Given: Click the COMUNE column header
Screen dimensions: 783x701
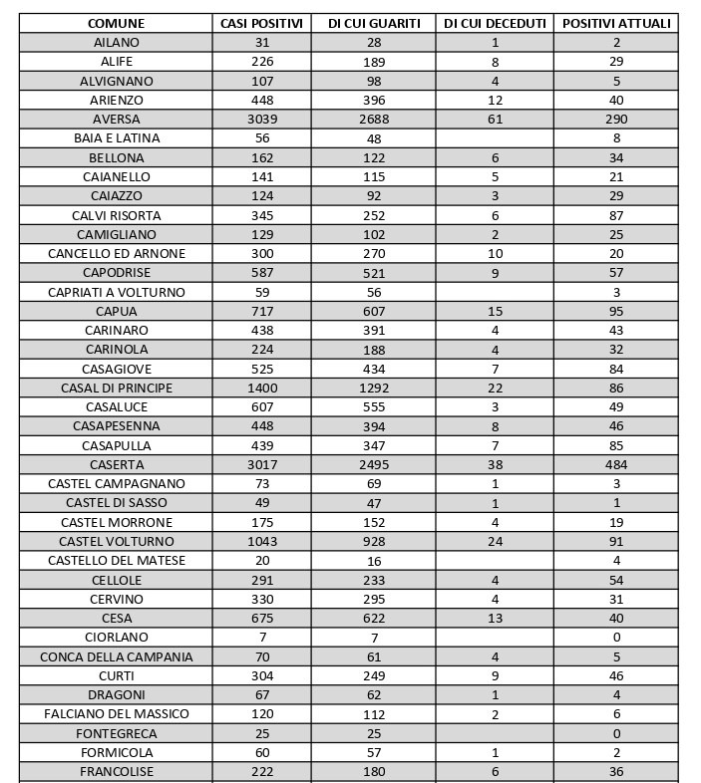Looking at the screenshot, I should point(116,23).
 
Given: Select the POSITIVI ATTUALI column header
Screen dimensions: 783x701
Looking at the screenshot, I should point(615,23).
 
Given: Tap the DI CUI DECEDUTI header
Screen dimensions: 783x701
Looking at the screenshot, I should point(495,23).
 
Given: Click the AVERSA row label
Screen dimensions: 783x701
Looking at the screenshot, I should point(117,120).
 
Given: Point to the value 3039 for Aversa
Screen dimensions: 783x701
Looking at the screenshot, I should point(262,120).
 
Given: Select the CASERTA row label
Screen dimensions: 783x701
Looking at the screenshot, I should point(117,465).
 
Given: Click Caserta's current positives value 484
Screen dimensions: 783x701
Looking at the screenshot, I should point(616,465).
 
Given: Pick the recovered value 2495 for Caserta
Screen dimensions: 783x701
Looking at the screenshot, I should point(374,465).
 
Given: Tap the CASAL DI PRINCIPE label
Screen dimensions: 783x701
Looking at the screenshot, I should point(117,388).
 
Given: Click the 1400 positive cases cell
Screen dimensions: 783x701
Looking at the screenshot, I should point(262,388).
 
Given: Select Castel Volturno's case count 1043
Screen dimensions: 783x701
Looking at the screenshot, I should point(262,542).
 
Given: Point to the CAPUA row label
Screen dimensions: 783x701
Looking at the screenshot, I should point(117,312).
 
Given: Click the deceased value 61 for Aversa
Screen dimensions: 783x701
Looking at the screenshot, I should point(495,120).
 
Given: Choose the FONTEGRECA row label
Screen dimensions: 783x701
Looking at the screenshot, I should point(117,734).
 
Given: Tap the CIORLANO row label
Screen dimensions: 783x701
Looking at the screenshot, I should point(117,638).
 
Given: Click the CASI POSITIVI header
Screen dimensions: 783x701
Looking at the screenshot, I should point(262,23).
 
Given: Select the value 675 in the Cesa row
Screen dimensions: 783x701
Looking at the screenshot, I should point(262,619).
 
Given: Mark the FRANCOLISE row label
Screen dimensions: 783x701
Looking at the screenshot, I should point(117,772).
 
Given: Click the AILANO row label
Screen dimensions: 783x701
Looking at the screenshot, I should point(117,43).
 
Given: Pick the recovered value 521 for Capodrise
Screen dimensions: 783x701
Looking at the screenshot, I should point(374,273).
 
